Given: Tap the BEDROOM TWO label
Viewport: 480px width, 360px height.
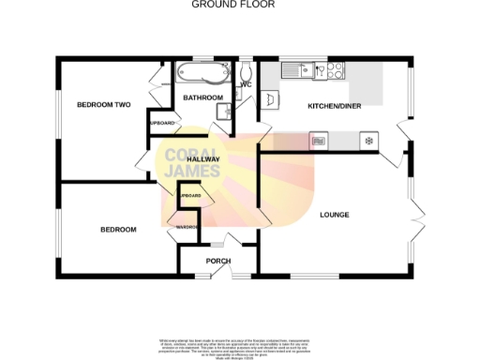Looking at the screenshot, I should (x=102, y=104).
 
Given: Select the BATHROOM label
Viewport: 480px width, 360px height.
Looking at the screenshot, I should (x=202, y=97).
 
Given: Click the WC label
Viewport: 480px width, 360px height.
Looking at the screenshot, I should (x=247, y=85).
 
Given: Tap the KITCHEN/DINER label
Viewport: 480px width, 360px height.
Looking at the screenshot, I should (x=334, y=106).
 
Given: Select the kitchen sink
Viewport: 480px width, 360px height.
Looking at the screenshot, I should (x=303, y=68).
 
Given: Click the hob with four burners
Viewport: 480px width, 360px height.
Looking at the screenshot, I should (x=334, y=68).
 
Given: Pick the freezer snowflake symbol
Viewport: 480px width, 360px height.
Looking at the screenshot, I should (x=367, y=141).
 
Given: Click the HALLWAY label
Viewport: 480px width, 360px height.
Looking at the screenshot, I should (x=204, y=160).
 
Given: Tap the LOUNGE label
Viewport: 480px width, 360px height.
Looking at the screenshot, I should (x=334, y=215).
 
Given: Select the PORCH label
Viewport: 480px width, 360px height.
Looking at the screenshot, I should (x=217, y=261).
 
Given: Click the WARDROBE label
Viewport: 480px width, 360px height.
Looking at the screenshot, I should (x=180, y=227).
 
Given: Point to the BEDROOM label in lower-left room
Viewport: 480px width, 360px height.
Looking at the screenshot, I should (x=119, y=230).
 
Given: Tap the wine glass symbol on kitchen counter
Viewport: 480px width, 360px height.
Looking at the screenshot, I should (x=317, y=141).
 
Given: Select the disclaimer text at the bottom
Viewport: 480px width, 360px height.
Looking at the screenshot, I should (x=239, y=344).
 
